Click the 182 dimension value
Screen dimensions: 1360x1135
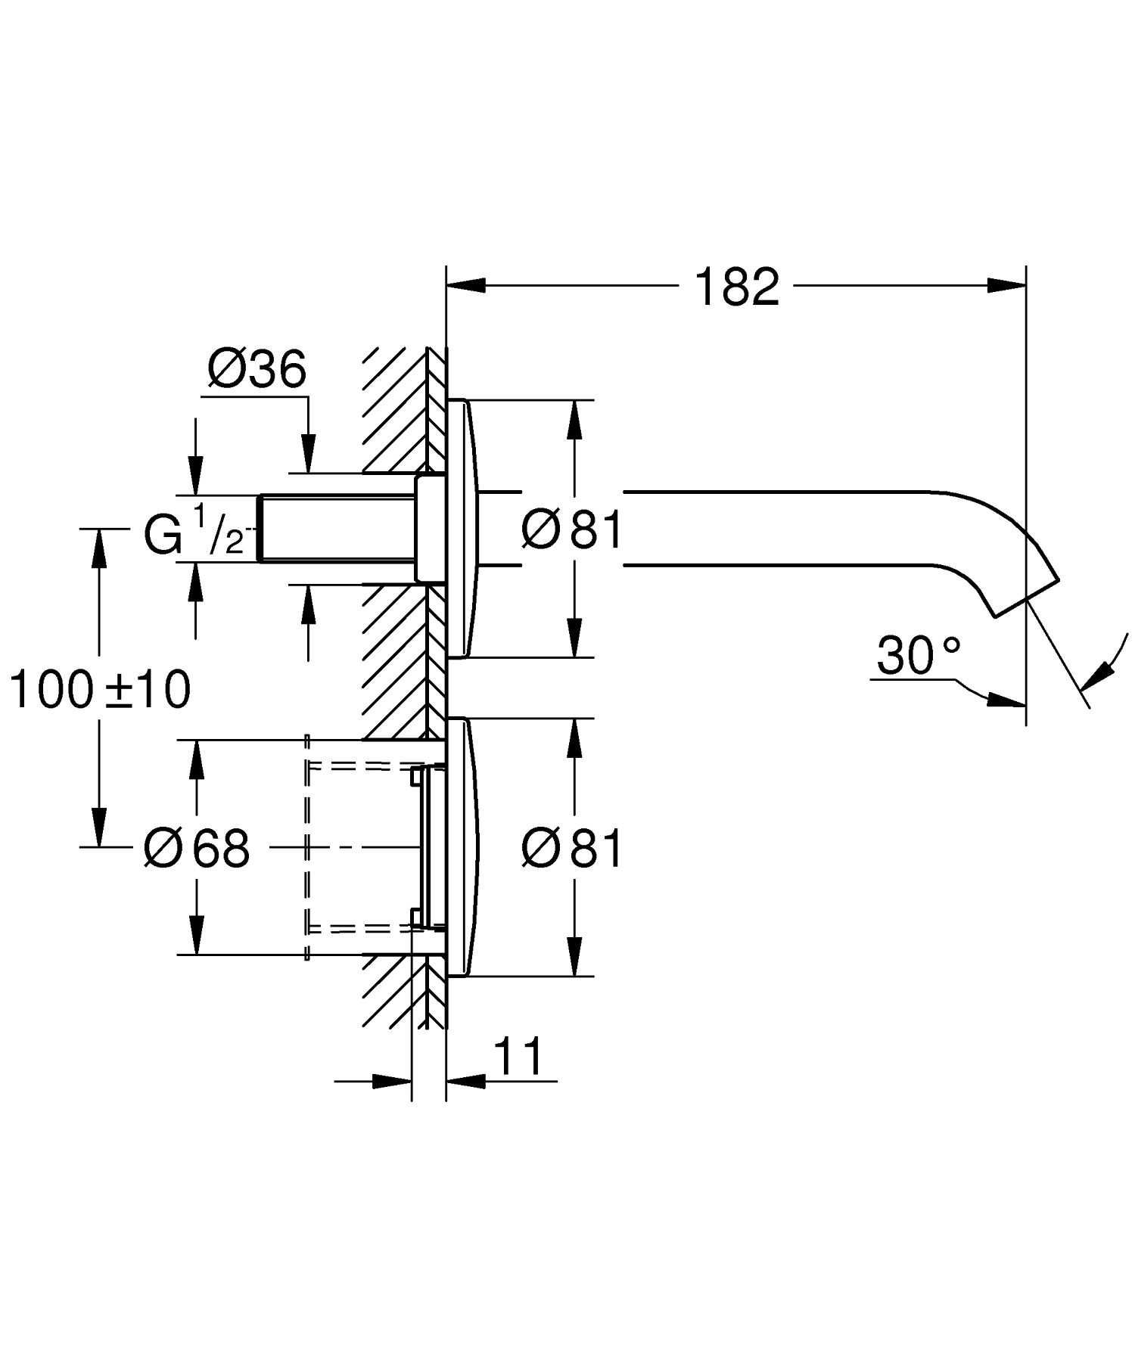pyautogui.click(x=736, y=287)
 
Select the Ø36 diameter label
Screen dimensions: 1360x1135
pyautogui.click(x=257, y=370)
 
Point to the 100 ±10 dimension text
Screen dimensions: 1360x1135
pyautogui.click(x=100, y=690)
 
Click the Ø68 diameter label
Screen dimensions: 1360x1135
pyautogui.click(x=197, y=848)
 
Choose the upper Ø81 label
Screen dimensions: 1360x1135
pyautogui.click(x=572, y=529)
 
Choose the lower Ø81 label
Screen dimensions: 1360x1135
pyautogui.click(x=572, y=848)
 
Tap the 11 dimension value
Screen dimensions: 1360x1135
pyautogui.click(x=519, y=1057)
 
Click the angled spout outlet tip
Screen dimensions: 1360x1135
pyautogui.click(x=1029, y=598)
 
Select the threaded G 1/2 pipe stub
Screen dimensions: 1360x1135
pyautogui.click(x=337, y=529)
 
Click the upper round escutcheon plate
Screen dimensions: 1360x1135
pyautogui.click(x=462, y=529)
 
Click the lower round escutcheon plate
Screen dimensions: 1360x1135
pyautogui.click(x=462, y=848)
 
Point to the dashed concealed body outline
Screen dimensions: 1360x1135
pyautogui.click(x=307, y=847)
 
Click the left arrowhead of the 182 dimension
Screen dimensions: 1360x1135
pyautogui.click(x=466, y=285)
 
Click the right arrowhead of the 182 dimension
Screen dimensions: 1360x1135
pyautogui.click(x=1006, y=285)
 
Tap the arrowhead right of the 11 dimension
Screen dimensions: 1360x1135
pyautogui.click(x=465, y=1081)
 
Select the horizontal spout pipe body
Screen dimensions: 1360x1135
pyautogui.click(x=779, y=529)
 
